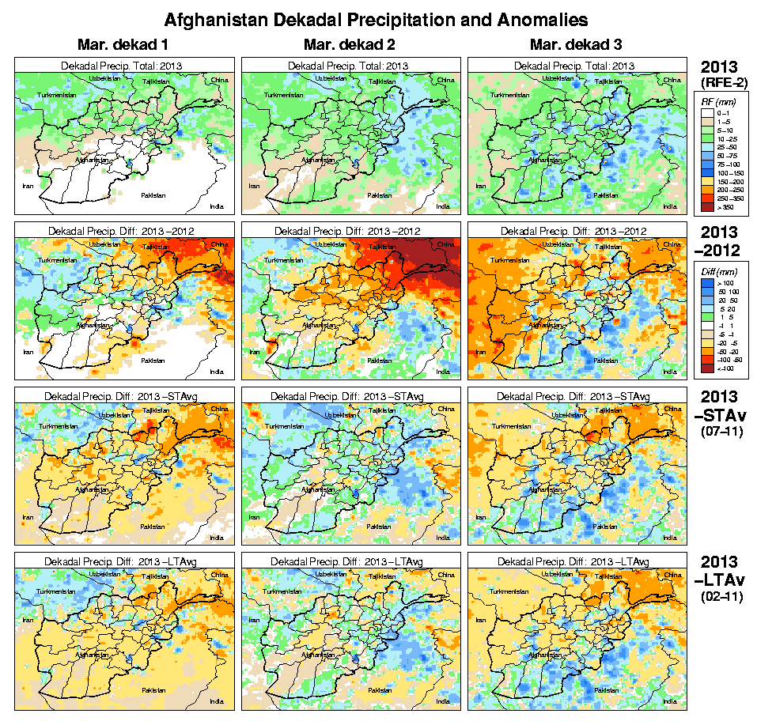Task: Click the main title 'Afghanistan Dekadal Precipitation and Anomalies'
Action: [x=376, y=18]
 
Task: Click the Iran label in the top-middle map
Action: [x=254, y=187]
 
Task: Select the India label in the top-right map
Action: [x=669, y=206]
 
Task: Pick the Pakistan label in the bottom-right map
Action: [x=607, y=689]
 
